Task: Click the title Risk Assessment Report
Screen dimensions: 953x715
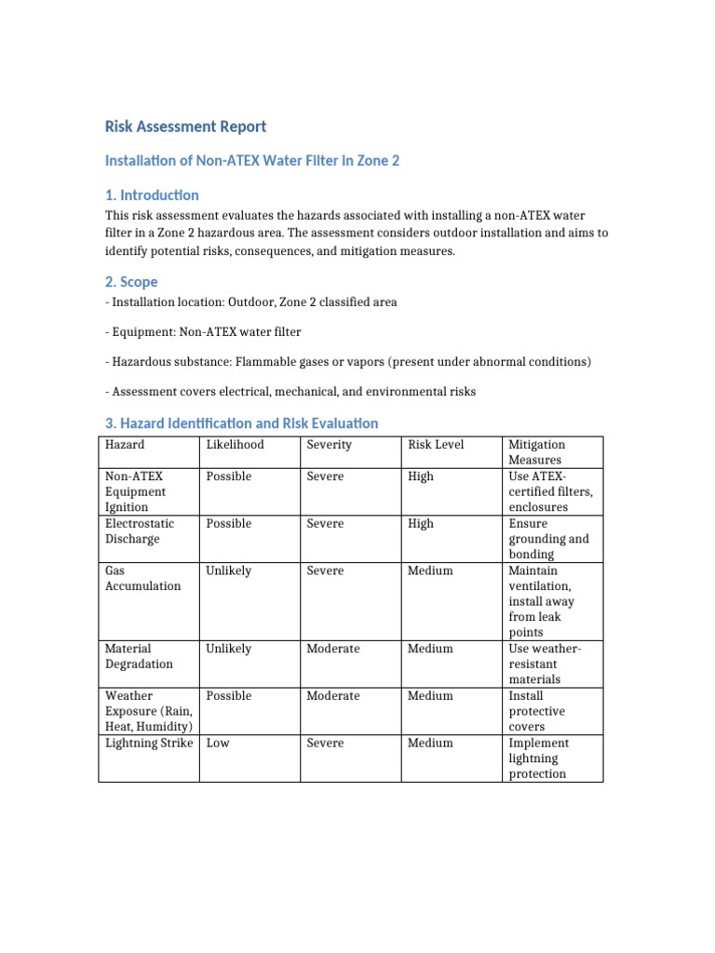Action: pos(185,127)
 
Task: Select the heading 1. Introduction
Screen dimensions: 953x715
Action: pos(152,195)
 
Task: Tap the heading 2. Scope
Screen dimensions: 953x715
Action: pos(131,281)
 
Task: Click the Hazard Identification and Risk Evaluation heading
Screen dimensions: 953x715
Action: pos(241,423)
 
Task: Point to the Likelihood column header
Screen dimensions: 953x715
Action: pos(235,445)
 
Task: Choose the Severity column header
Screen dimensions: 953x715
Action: pos(330,445)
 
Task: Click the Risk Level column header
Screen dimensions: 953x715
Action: pos(436,445)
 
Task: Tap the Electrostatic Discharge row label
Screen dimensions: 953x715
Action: pos(133,531)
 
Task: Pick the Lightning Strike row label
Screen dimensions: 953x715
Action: pos(149,743)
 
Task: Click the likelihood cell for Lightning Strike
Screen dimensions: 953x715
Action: pos(218,743)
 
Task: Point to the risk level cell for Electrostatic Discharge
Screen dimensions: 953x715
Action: pos(421,524)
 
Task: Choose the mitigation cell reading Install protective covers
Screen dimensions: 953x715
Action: pos(538,711)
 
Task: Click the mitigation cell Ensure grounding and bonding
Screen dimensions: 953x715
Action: pos(548,539)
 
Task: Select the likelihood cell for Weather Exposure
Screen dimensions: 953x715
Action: pos(229,696)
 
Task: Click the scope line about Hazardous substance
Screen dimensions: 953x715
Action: pos(348,361)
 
